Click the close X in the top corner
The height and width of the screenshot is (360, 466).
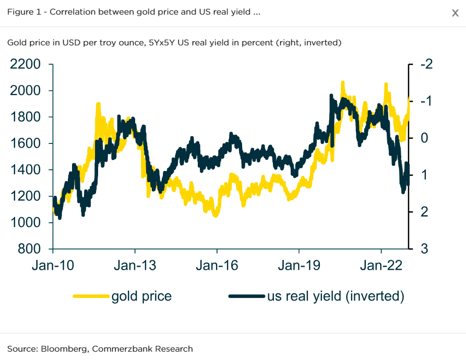coord(455,14)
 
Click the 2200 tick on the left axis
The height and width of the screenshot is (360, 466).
coord(25,65)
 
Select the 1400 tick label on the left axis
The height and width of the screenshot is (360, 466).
coord(25,170)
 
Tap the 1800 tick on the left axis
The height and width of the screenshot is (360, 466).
coord(25,117)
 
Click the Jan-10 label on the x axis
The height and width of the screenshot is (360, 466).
coord(52,266)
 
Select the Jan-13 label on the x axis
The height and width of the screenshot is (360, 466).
coord(135,266)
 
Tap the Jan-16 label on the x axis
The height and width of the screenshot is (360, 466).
coord(217,266)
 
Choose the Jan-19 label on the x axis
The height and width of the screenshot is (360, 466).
coord(298,266)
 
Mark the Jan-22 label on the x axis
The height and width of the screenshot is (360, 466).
coord(381,266)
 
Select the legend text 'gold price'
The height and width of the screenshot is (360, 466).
coord(141,296)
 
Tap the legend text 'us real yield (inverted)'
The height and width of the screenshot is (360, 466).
coord(336,296)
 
